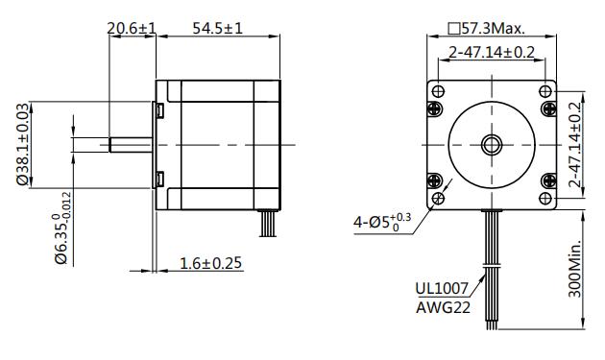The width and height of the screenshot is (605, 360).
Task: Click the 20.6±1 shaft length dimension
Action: coord(132,29)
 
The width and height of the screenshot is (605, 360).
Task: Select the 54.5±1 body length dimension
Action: coord(217,29)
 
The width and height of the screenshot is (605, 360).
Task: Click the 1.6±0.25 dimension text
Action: coord(210,263)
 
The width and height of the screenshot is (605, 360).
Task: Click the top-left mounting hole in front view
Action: coord(439,91)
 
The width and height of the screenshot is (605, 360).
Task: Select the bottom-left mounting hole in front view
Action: coord(439,199)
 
